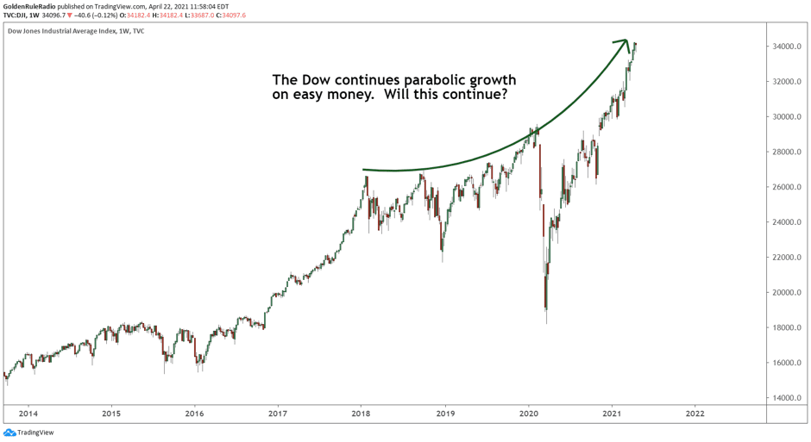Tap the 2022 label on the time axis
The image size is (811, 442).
(694, 414)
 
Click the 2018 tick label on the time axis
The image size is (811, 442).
(361, 414)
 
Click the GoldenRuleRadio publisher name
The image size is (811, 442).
(35, 6)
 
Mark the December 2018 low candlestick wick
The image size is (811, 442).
(443, 260)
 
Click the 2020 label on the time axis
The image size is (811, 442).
(527, 414)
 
